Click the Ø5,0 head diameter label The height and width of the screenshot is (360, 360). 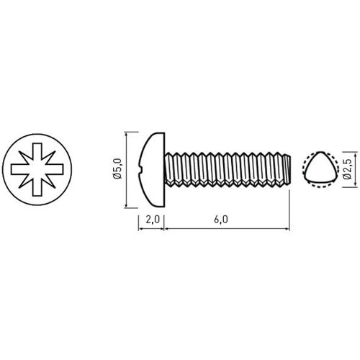point(118,168)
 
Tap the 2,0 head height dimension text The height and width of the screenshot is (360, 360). point(153,220)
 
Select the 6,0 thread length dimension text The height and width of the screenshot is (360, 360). point(221,220)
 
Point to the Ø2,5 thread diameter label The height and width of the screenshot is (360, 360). point(348,169)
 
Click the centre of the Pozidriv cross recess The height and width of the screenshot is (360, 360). point(37,169)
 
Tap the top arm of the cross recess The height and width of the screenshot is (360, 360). point(37,151)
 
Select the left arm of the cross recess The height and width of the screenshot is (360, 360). point(19,169)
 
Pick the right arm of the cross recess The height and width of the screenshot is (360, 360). point(55,169)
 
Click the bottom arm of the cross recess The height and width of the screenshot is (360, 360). point(37,188)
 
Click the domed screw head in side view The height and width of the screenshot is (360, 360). point(153,169)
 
